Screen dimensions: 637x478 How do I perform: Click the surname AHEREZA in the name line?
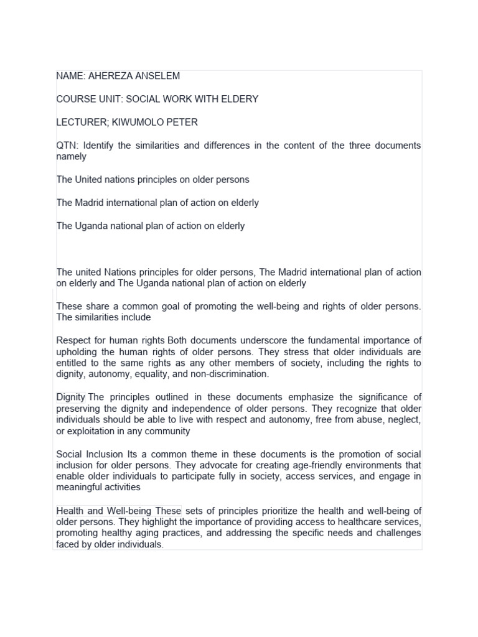110,76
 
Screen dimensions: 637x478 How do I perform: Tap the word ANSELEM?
157,76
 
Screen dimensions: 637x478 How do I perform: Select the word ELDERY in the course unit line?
239,99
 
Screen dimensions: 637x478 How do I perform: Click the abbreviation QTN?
67,146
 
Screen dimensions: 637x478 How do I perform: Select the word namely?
71,157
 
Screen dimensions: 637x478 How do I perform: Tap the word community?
169,431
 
